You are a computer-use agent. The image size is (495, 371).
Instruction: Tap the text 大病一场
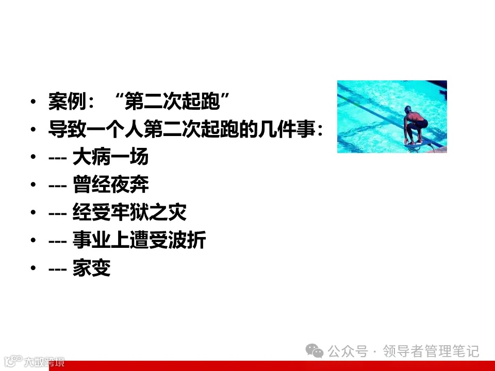110,157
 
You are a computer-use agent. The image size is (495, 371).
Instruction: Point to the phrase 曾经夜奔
110,185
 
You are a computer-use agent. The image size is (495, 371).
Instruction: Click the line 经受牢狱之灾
129,213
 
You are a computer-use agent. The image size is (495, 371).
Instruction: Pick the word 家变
92,268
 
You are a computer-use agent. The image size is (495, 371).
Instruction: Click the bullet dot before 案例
34,102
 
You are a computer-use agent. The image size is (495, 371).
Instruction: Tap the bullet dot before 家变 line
34,269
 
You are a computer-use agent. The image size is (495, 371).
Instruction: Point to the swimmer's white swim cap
408,109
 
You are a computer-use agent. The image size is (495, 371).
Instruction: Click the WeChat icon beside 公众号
315,351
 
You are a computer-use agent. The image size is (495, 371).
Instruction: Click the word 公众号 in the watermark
348,351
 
